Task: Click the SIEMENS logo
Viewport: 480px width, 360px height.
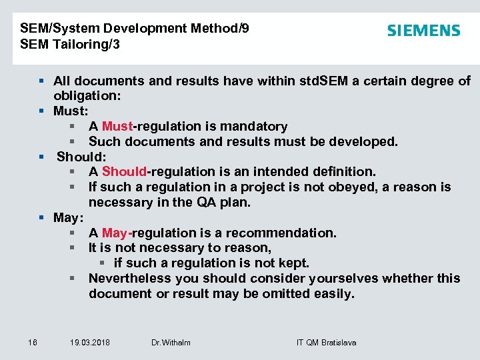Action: point(423,31)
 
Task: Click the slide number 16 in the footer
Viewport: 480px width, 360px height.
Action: point(33,343)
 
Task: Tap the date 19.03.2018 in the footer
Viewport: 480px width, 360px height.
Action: point(90,343)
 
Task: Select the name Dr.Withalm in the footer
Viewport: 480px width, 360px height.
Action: point(171,343)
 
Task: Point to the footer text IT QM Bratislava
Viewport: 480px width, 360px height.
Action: point(326,343)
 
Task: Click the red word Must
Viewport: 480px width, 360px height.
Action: point(117,127)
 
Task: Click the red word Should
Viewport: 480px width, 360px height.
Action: point(124,172)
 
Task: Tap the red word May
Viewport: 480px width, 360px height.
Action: point(115,233)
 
